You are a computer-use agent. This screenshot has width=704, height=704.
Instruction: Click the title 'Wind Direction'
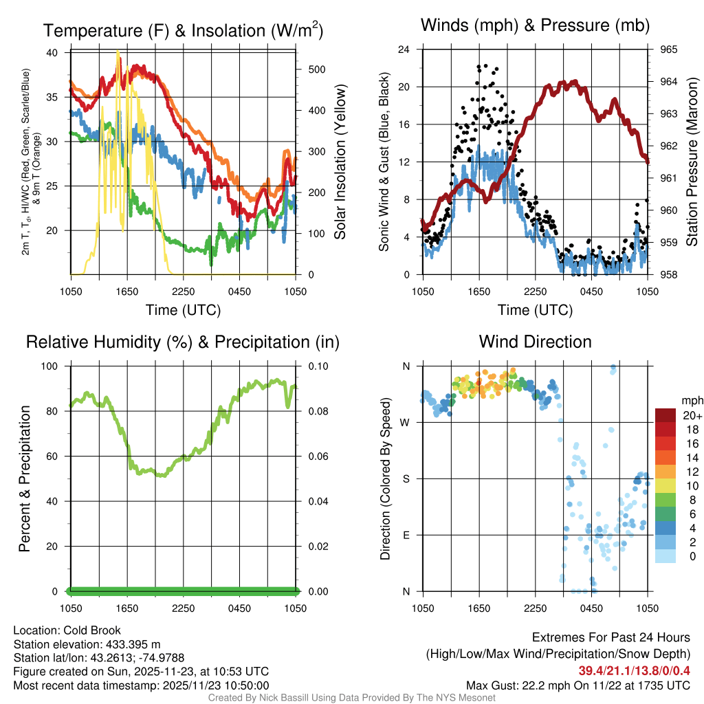[535, 342]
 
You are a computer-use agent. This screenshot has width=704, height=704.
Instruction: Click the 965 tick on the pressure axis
[669, 49]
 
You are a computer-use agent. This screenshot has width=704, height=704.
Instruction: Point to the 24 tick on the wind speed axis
[404, 49]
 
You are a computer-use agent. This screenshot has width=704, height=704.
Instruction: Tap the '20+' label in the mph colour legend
[691, 415]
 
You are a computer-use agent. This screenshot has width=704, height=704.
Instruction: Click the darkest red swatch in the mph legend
[665, 415]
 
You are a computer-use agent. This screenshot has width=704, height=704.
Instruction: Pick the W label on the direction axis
[406, 422]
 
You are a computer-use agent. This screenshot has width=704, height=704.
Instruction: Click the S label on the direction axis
[406, 478]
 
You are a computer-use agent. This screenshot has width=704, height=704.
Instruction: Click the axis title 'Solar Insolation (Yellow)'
[340, 162]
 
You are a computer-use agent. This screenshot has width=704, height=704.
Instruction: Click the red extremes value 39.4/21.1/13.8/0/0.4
[634, 670]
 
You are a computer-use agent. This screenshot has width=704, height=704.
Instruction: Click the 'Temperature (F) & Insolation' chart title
[183, 31]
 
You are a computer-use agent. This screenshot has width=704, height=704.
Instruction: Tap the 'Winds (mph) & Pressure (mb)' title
[535, 26]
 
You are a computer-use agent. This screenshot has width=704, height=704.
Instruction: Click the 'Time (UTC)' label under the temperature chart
[183, 310]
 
